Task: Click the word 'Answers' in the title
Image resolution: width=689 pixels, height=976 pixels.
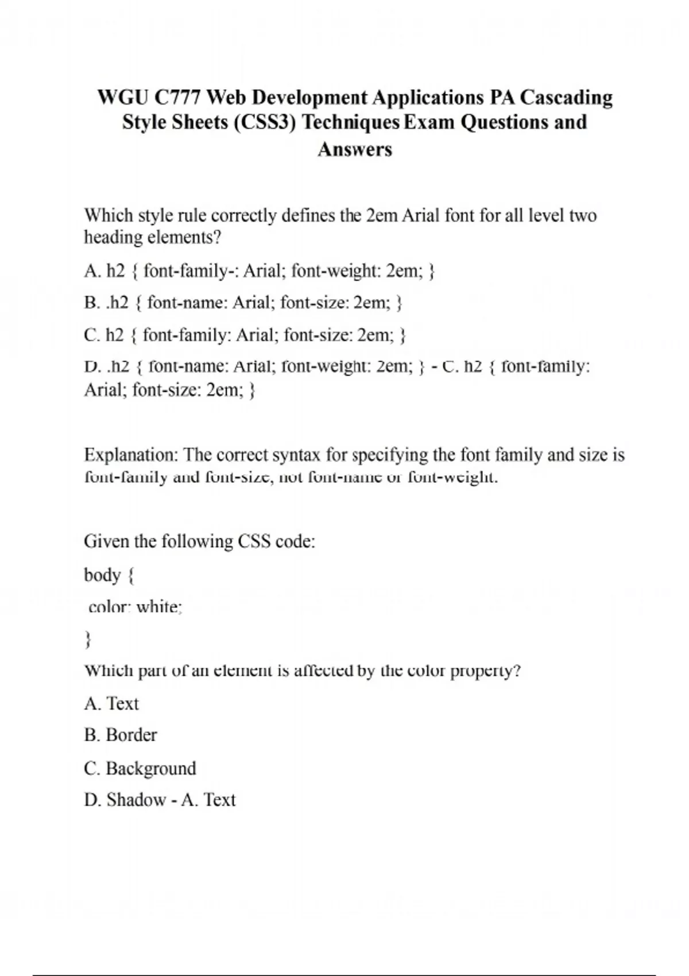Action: pos(355,149)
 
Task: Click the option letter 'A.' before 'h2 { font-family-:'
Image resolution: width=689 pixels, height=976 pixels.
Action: pos(92,270)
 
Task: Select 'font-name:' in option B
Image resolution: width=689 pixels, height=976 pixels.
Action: pos(187,303)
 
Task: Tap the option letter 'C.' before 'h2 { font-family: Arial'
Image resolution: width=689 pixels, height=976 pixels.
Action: pos(92,335)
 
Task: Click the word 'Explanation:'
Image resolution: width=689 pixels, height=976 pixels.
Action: pos(131,455)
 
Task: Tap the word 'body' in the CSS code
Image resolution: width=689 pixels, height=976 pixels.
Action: pos(102,575)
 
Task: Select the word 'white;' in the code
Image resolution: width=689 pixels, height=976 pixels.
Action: pos(160,606)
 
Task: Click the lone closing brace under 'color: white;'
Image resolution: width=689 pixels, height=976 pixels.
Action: pos(88,638)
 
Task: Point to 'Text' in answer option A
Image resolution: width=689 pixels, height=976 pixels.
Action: pos(123,703)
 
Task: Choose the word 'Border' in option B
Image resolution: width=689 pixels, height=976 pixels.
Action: pos(131,735)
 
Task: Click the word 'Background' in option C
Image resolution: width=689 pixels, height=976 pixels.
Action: pos(151,768)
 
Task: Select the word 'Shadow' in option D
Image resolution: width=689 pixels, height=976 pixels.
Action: pos(136,800)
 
